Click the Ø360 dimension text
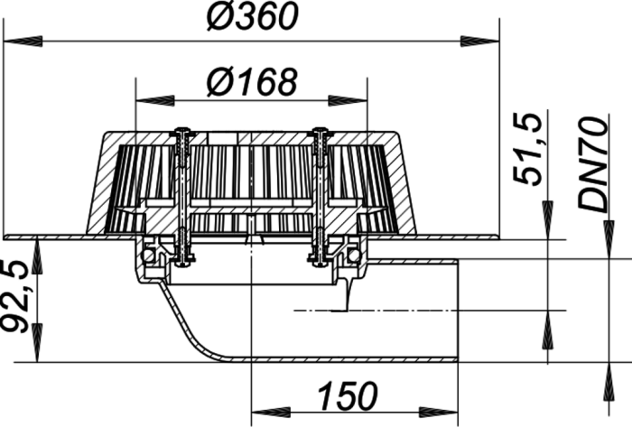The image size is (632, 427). tap(252, 17)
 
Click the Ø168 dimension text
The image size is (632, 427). tap(252, 82)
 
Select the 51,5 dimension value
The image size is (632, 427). tap(526, 150)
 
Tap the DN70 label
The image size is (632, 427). tap(592, 164)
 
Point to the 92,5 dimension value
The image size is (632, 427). tap(15, 297)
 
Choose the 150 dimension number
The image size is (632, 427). tap(348, 395)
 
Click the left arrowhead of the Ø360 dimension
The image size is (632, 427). tap(23, 42)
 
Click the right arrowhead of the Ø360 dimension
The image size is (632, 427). tap(479, 42)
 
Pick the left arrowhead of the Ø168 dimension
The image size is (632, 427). tap(155, 100)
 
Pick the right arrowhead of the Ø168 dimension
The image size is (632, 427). tap(348, 100)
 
